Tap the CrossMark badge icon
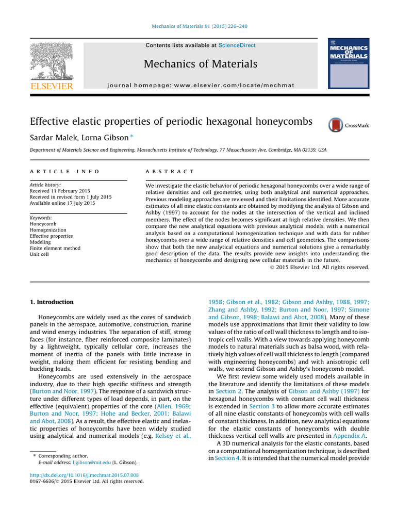(x=336, y=125)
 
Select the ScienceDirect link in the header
(x=237, y=45)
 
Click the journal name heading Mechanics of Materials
(x=201, y=64)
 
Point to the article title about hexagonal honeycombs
(x=171, y=122)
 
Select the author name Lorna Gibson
(x=96, y=138)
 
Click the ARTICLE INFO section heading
(x=64, y=171)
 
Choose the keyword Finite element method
(x=55, y=248)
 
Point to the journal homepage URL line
(x=201, y=85)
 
